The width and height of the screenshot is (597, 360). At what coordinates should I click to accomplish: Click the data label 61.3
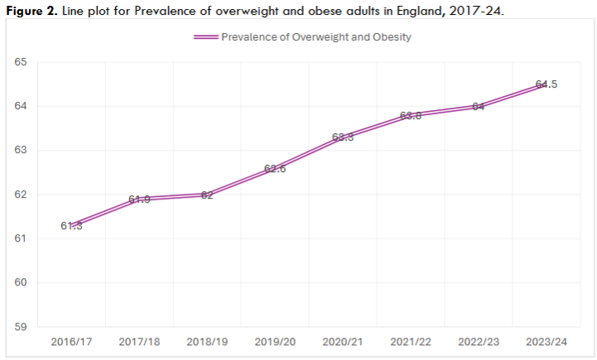click(70, 226)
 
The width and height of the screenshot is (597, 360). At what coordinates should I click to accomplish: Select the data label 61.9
click(138, 199)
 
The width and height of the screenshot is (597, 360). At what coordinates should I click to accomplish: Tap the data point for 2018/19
click(207, 194)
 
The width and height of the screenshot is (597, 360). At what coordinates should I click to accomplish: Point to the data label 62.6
click(274, 169)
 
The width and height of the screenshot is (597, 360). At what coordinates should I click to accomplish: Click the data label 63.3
click(343, 137)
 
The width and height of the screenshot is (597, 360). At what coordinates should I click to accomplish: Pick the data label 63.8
click(411, 116)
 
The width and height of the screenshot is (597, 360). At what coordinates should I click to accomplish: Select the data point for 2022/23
click(479, 107)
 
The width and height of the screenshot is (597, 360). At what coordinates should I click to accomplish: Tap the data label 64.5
click(546, 84)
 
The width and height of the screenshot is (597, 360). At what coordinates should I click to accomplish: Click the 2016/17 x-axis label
click(70, 341)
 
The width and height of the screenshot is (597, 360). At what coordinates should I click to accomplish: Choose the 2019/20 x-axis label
click(274, 341)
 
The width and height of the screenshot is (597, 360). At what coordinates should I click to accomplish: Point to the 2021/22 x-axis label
click(411, 341)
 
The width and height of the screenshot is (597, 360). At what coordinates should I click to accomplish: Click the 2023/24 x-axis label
click(546, 341)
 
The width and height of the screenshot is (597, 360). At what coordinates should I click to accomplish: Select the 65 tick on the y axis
click(21, 63)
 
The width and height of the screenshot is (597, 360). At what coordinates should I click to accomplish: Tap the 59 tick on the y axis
click(21, 327)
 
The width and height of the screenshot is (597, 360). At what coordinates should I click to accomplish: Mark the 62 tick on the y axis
click(21, 194)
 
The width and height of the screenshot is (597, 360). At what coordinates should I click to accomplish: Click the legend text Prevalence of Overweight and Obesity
click(316, 37)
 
